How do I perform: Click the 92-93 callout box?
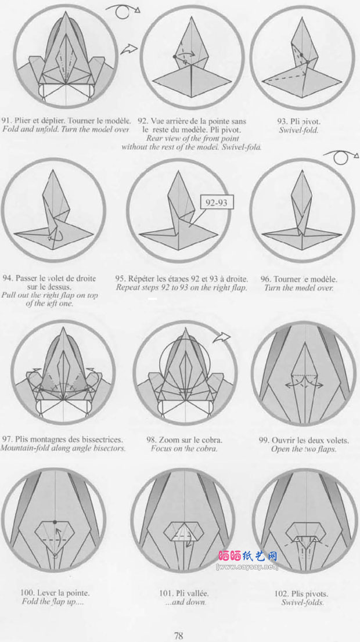click(217, 202)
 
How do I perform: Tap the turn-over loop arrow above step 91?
click(123, 12)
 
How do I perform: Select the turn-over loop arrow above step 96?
click(341, 157)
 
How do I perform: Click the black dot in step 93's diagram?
click(302, 55)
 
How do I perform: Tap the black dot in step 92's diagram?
click(175, 56)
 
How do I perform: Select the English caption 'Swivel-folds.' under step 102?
click(303, 603)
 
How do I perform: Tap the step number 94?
click(8, 279)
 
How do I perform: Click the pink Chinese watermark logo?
click(247, 555)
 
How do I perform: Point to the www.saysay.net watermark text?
click(247, 567)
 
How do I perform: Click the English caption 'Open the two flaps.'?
click(304, 449)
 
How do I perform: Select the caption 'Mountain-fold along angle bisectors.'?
click(63, 448)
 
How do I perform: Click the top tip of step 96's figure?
click(302, 170)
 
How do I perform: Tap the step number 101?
click(165, 593)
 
